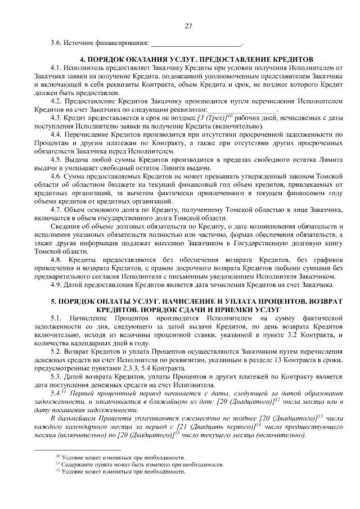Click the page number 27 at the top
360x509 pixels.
tap(188, 26)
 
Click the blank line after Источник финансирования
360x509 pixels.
tap(196, 43)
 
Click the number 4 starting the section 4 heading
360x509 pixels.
tap(82, 59)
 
